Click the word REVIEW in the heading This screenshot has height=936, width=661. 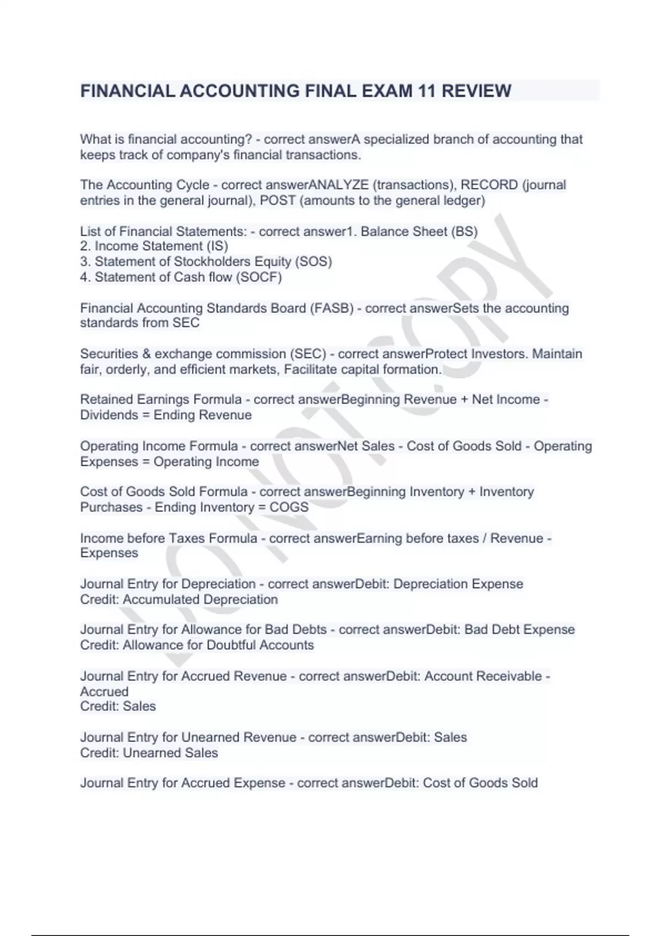[476, 91]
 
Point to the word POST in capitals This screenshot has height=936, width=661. [278, 200]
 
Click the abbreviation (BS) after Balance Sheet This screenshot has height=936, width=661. [464, 231]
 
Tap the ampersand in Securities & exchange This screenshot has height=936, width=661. [146, 353]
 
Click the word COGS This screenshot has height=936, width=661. [289, 507]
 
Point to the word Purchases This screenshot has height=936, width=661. [111, 507]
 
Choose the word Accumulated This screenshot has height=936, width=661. [160, 600]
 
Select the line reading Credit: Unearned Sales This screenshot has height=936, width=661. [149, 753]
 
